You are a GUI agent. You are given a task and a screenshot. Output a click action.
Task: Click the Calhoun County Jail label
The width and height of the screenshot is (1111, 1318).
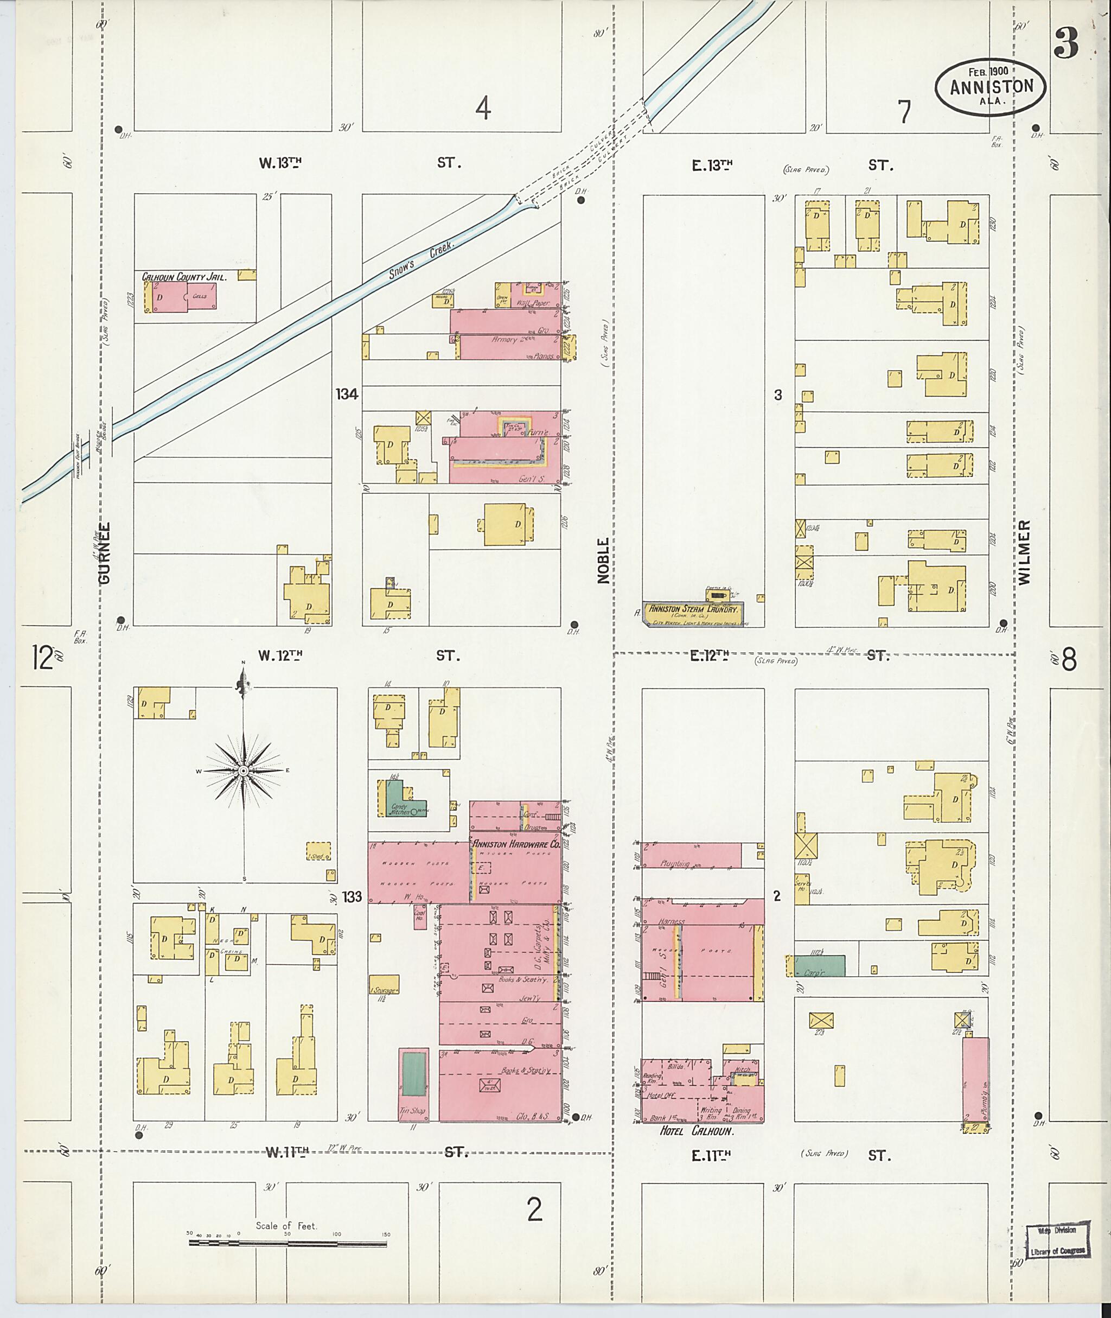[183, 277]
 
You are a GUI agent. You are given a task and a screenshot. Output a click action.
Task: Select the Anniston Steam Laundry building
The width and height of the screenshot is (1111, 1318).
[693, 613]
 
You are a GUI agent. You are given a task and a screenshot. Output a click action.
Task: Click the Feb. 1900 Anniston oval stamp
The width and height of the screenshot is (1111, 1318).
[991, 87]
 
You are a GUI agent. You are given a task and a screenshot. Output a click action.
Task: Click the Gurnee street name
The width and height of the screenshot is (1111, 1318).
[105, 552]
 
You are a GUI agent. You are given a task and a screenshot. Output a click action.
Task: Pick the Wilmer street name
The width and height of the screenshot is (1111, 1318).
[1025, 552]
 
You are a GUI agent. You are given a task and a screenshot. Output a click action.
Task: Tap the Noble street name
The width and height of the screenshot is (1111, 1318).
[603, 560]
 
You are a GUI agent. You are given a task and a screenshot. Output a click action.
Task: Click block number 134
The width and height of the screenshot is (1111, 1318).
[347, 394]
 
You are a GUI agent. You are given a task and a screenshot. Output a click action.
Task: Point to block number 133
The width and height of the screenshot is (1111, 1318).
[352, 896]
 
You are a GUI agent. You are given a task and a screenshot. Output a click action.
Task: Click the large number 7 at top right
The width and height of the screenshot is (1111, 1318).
[904, 112]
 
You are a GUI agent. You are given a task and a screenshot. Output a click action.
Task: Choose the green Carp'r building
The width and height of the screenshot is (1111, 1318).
[819, 965]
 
